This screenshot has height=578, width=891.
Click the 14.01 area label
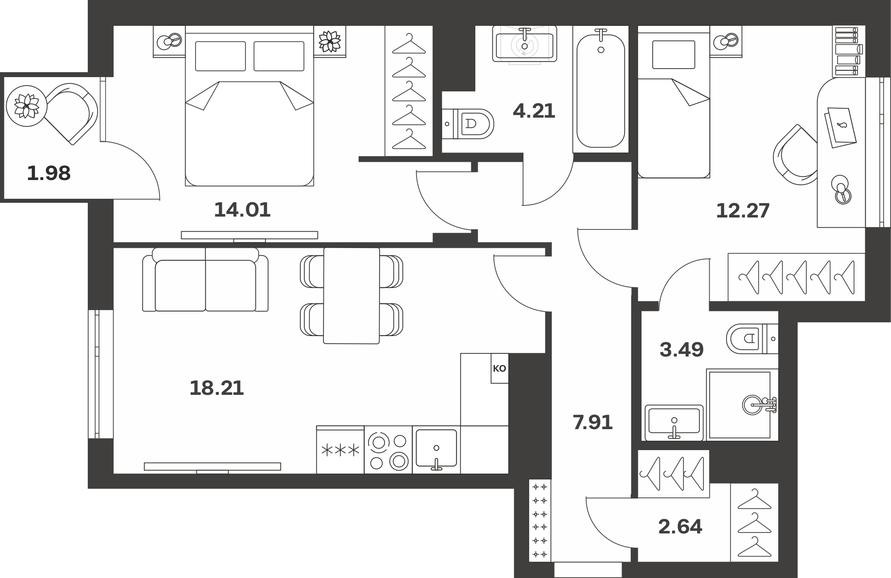tap(242, 209)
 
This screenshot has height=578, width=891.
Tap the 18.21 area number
tap(217, 388)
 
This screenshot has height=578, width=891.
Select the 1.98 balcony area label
tap(49, 173)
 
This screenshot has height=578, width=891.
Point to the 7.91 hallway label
tap(593, 422)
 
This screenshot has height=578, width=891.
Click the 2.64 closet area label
tap(680, 527)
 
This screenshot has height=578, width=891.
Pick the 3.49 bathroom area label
tap(682, 350)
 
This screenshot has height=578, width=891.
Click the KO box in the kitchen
tap(499, 369)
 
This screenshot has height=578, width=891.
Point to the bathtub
tap(601, 89)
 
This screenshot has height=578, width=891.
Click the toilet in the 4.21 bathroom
tap(468, 123)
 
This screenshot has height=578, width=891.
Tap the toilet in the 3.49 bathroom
tap(752, 339)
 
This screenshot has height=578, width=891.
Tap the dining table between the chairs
tap(351, 295)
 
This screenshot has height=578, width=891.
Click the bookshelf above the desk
tap(847, 52)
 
